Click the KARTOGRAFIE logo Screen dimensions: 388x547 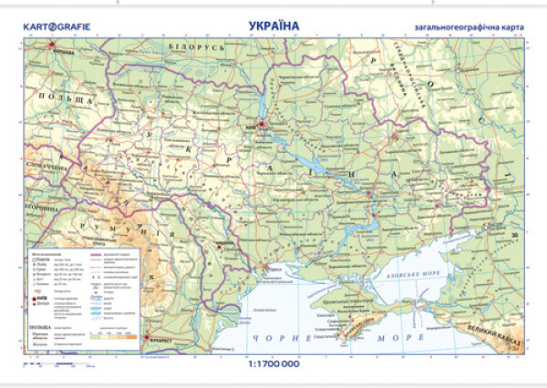pyautogui.click(x=53, y=27)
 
